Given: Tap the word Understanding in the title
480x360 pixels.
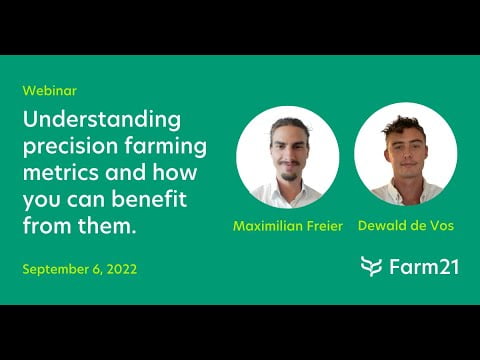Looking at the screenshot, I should (x=102, y=120).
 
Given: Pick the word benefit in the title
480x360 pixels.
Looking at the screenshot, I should (x=160, y=198).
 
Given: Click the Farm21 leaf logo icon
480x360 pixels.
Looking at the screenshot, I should (x=372, y=266).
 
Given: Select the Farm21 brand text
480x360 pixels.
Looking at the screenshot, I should (x=424, y=266).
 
